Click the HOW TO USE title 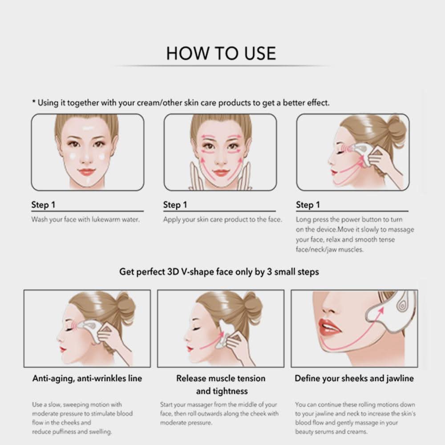(x=221, y=53)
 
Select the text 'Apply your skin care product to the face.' (x=222, y=220)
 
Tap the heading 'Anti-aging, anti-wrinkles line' (x=87, y=378)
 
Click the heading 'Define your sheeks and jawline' (x=354, y=378)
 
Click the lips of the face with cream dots (x=86, y=172)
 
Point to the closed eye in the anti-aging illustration (x=69, y=329)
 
